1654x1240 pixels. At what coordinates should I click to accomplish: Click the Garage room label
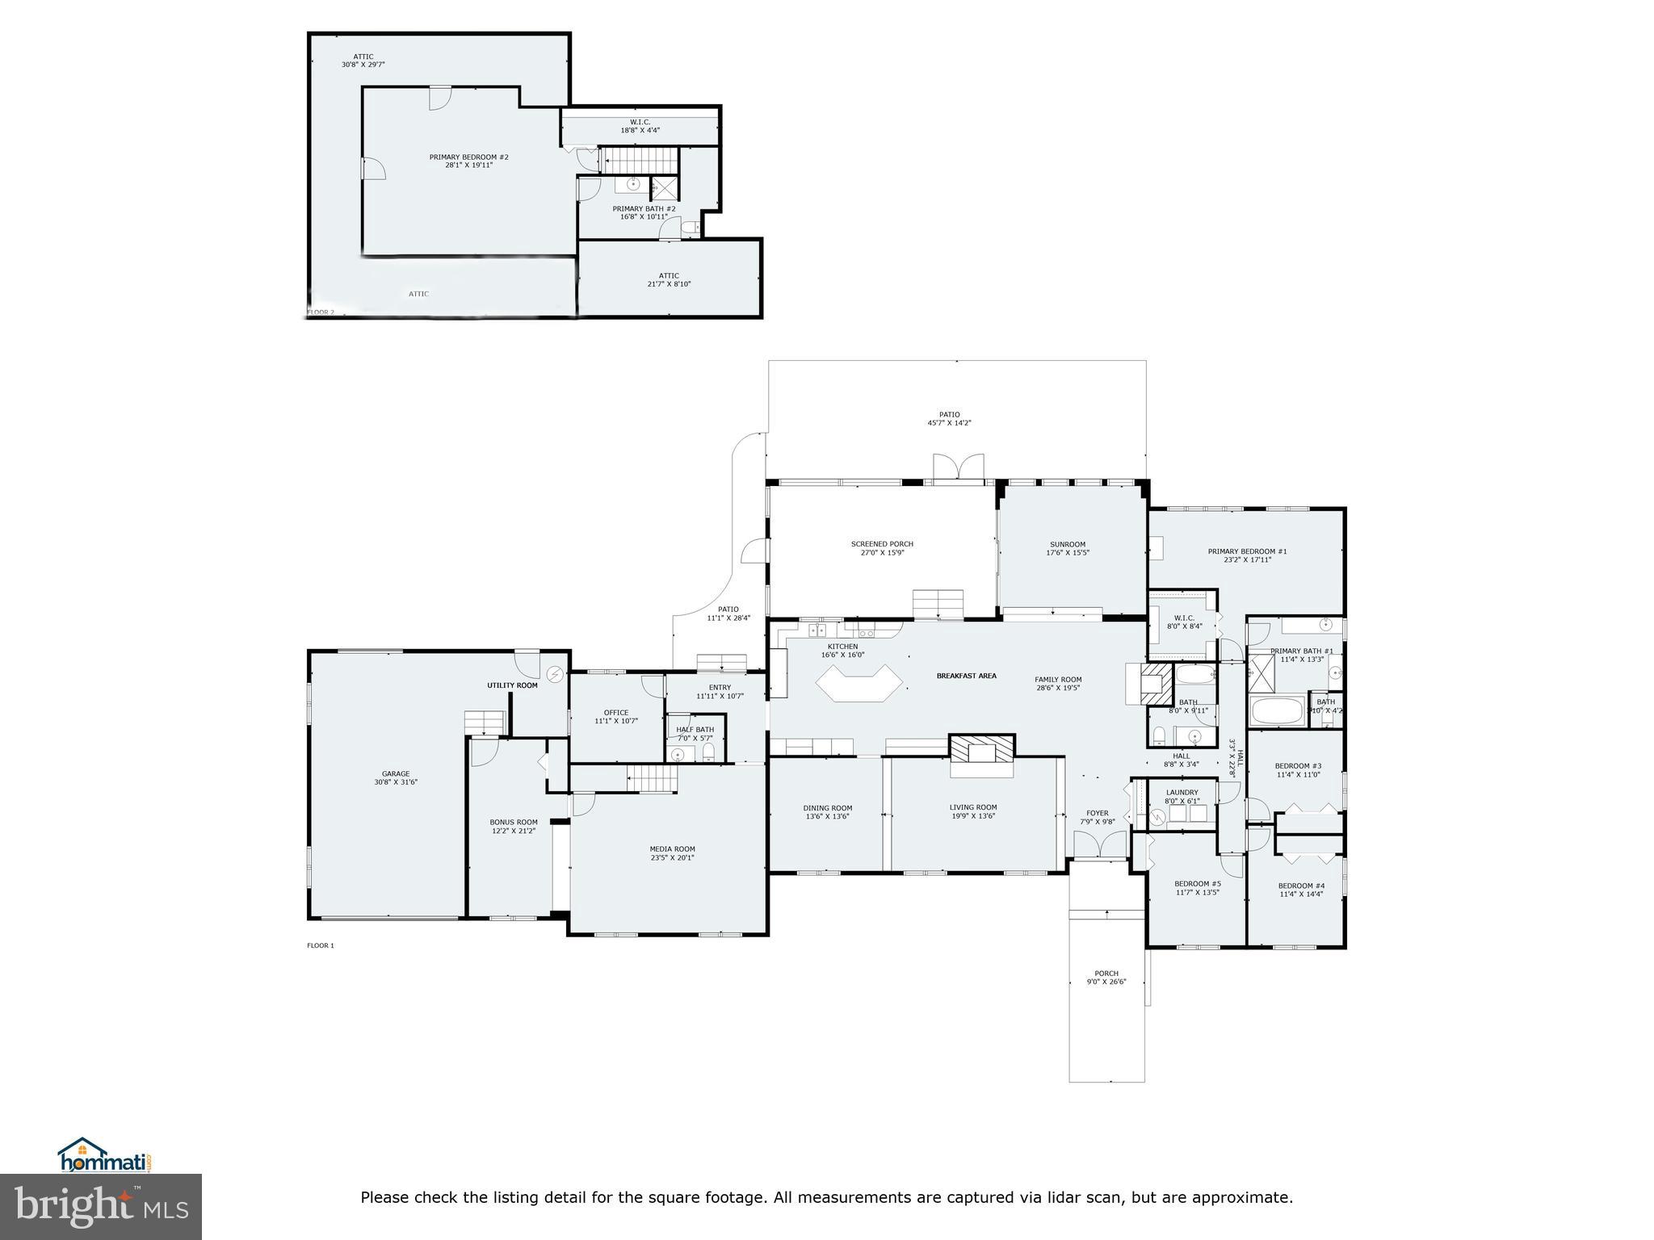tap(396, 773)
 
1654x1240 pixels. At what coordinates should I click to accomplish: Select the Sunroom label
tap(1067, 544)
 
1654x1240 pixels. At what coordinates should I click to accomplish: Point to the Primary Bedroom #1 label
tap(1247, 551)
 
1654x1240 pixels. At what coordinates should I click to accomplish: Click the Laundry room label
tap(1182, 792)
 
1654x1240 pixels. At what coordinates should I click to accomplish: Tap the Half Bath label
tap(695, 729)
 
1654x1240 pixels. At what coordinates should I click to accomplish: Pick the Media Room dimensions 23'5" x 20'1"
tap(673, 858)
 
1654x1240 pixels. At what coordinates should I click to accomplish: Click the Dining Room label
tap(827, 807)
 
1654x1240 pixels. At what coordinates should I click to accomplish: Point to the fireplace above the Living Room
tap(981, 750)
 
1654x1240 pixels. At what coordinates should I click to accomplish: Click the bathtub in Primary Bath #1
tap(1276, 712)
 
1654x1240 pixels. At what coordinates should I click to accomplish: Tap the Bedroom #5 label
tap(1197, 884)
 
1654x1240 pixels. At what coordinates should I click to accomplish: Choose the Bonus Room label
tap(514, 822)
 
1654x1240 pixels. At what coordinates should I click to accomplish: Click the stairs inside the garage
tap(485, 723)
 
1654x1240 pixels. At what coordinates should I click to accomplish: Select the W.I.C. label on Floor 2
tap(640, 122)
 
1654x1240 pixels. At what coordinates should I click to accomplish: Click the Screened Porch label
tap(882, 543)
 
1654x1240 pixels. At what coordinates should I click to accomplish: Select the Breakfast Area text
tap(966, 676)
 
